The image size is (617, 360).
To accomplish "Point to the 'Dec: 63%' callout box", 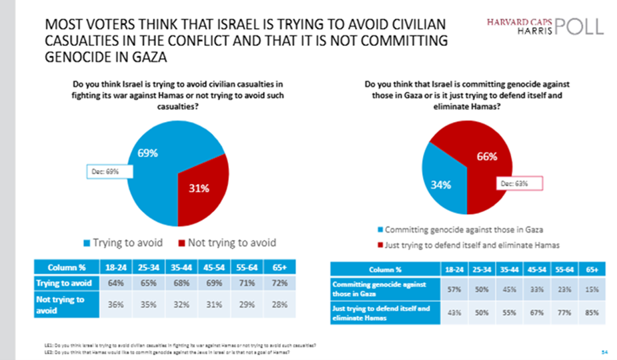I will pos(518,183).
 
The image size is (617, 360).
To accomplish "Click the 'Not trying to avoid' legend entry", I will pos(227,242).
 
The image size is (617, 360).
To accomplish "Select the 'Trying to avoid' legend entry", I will pos(123,242).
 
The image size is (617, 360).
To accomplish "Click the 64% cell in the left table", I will pos(121,283).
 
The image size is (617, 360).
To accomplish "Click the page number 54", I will pos(604,350).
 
